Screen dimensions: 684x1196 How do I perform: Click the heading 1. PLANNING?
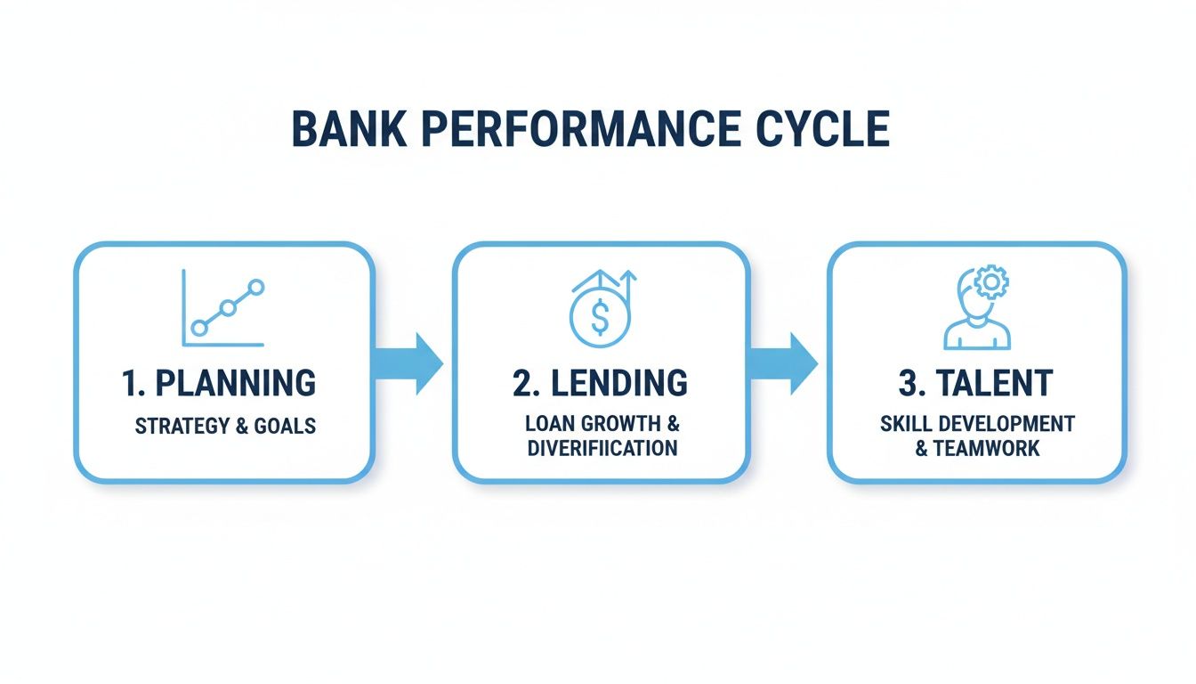[218, 383]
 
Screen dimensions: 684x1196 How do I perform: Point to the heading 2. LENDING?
[600, 383]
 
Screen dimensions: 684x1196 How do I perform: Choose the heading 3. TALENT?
[976, 383]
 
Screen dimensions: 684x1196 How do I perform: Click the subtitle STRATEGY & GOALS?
[225, 426]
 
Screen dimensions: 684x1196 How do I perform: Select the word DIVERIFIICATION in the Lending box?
[602, 447]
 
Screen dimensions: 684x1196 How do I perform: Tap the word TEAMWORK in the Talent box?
[985, 447]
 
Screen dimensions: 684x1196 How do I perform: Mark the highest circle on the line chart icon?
[256, 287]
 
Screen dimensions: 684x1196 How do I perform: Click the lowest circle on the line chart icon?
[199, 328]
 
